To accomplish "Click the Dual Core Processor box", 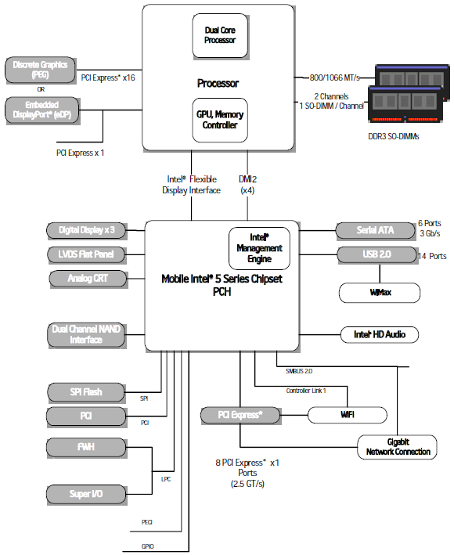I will coord(219,35).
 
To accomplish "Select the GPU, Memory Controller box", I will coord(219,119).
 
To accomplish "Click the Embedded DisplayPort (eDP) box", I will coord(41,110).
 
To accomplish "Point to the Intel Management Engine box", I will coord(258,247).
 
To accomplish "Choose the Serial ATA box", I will coord(374,230).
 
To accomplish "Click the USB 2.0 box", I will coord(374,254).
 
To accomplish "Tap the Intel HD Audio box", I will coord(380,335).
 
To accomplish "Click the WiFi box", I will coord(348,414).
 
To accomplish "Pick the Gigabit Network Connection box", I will coord(398,446).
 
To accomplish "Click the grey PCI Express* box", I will coord(240,414).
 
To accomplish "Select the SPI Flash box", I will coord(86,391).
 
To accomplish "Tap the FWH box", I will coord(86,447).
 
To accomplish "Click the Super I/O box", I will coord(86,494).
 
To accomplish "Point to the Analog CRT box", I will coord(88,278).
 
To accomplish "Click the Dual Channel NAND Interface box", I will coord(86,334).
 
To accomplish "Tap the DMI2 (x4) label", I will coord(247,184).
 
